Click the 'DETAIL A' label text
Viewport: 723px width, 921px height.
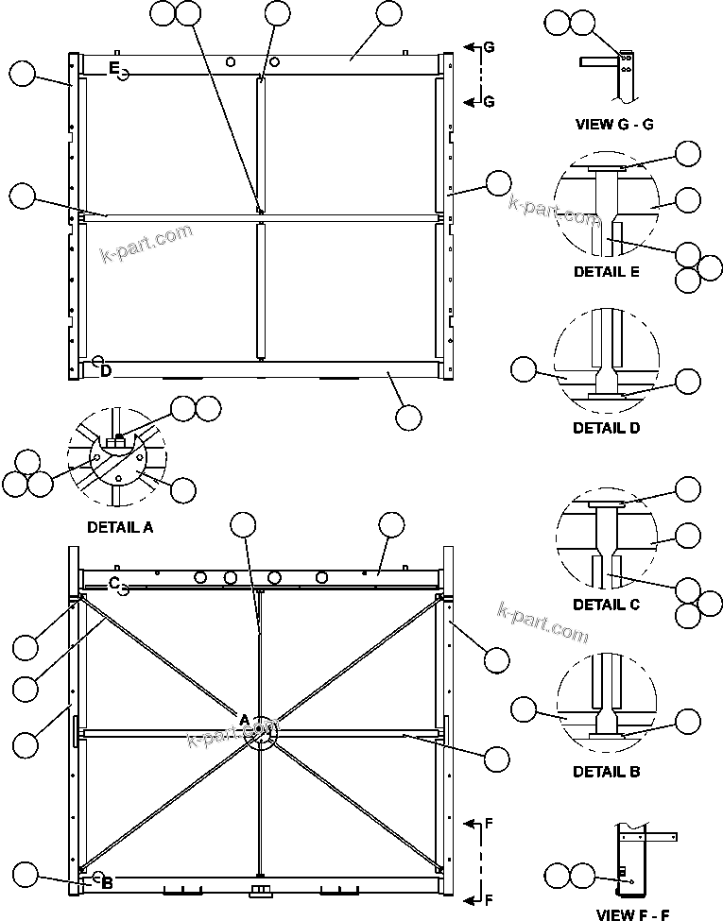coord(119,528)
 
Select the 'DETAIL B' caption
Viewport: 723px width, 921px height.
coord(606,772)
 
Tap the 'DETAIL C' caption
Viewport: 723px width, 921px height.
coord(606,605)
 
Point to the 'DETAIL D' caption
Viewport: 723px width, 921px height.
coord(606,427)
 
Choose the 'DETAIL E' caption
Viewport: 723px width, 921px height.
coord(606,272)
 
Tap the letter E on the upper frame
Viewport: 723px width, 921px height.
coord(113,67)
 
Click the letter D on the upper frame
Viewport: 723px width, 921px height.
coord(106,371)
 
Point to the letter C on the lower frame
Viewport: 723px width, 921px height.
coord(113,582)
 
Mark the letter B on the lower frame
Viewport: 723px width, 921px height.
coord(107,882)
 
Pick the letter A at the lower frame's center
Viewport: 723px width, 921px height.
coord(244,721)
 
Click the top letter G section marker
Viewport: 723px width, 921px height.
coord(488,46)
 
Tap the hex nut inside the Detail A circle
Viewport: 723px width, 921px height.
coord(118,441)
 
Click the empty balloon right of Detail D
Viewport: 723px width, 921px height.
coord(688,382)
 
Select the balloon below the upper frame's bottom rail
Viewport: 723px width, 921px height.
coord(408,417)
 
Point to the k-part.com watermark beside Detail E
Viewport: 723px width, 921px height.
coord(554,212)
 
